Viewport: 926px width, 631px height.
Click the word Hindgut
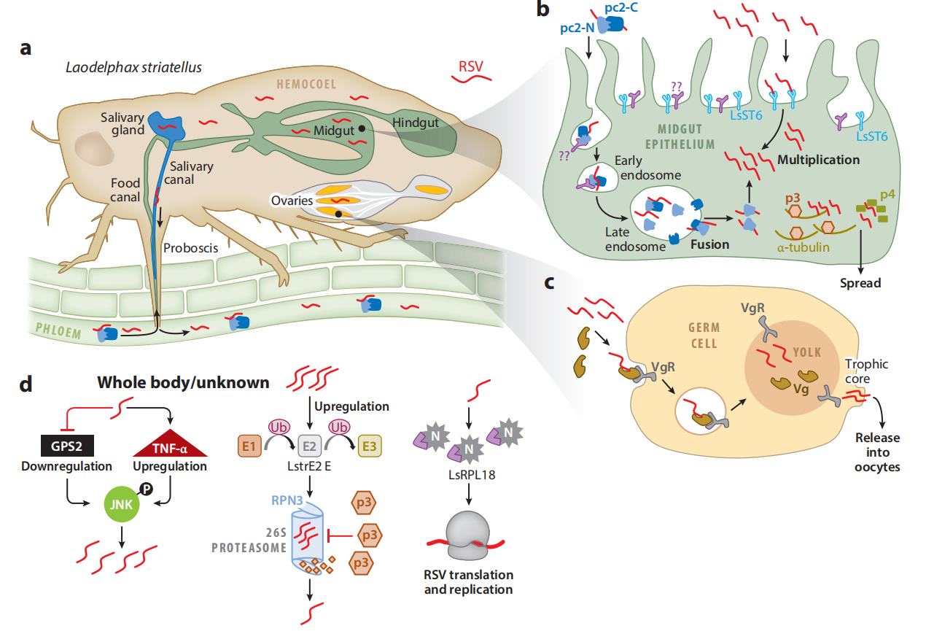416,123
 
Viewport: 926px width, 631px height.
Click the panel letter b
542,10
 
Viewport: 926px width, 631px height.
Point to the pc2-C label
621,9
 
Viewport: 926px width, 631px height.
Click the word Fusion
710,244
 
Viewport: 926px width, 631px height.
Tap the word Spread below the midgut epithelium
860,282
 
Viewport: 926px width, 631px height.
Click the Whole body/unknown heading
183,382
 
